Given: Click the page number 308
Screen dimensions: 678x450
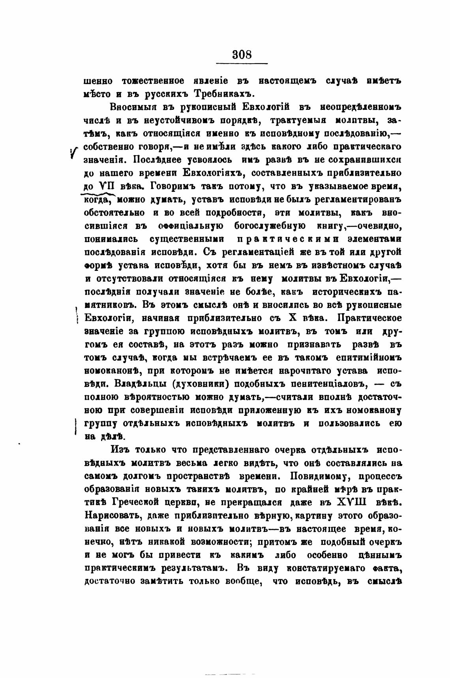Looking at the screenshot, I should pos(242,53).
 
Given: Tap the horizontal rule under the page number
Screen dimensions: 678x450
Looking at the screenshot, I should pos(242,64).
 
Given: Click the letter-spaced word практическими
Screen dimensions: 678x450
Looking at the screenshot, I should pos(288,239).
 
